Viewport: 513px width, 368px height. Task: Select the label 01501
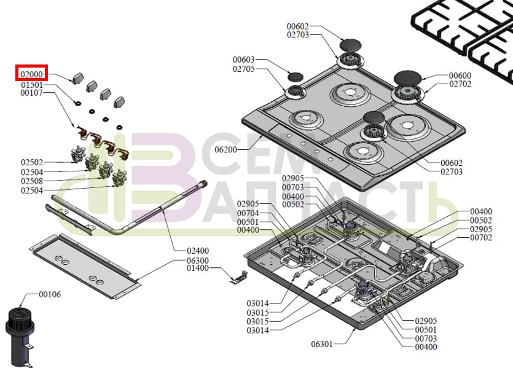pos(32,85)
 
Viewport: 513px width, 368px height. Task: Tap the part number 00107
pos(32,93)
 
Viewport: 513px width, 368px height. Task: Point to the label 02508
pos(32,182)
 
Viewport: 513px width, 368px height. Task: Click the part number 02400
pos(198,251)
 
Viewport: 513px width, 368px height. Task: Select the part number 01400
pos(198,268)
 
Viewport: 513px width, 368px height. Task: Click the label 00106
pos(50,295)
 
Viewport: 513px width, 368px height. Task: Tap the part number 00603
pos(244,60)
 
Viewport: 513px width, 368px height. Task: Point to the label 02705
pos(244,69)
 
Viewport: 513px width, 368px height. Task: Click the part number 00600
pos(460,75)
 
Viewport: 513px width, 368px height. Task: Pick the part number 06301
pos(322,344)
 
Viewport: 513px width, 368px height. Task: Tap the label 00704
pos(248,213)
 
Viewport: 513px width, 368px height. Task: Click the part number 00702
pos(481,238)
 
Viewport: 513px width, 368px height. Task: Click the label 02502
pos(32,163)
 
